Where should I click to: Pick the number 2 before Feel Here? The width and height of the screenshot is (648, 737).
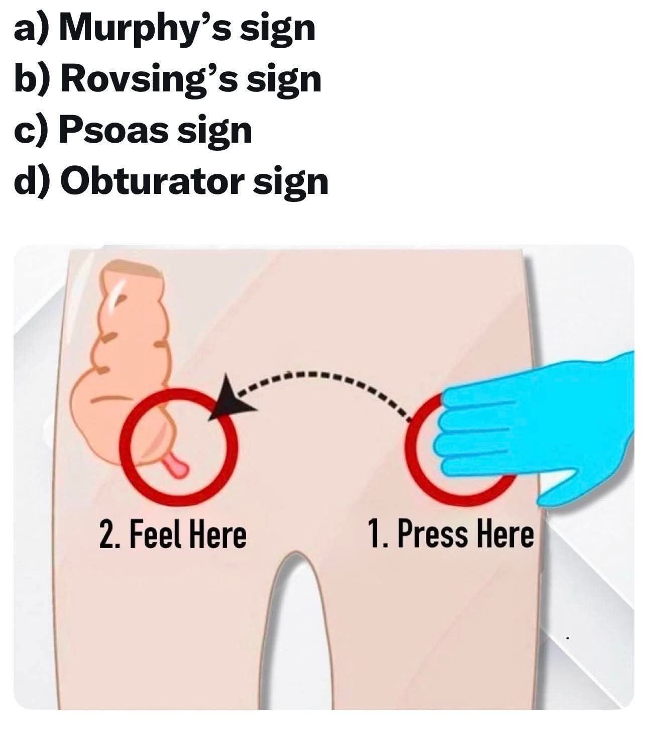(106, 536)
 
